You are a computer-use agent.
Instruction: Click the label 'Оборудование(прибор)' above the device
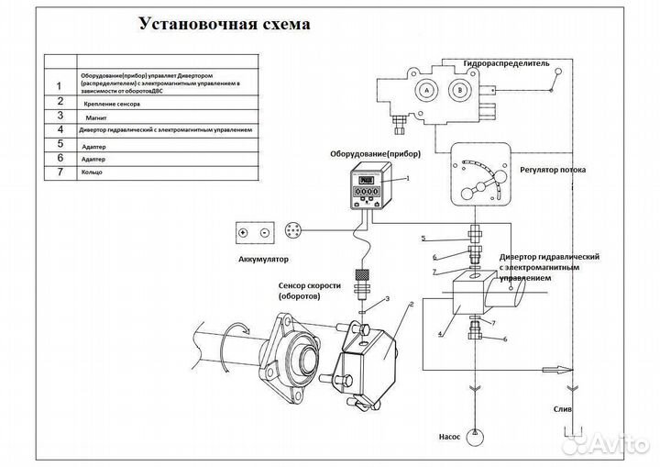click(x=368, y=154)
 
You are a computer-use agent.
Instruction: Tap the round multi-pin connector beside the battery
click(x=293, y=232)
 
